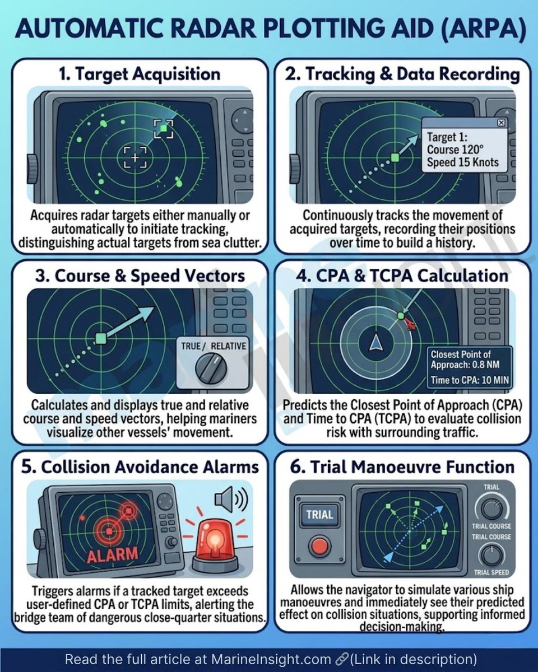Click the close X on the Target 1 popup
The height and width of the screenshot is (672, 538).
(500, 123)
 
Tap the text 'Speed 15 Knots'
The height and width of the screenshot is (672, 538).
(463, 163)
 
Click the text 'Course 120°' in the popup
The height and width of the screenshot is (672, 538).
(454, 150)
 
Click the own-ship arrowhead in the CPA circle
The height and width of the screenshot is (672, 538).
(374, 341)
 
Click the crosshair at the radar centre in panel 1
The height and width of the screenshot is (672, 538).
(134, 157)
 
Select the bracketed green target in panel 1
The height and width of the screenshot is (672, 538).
(163, 129)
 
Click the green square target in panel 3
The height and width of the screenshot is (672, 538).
(101, 338)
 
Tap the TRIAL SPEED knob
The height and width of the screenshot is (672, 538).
(491, 556)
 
